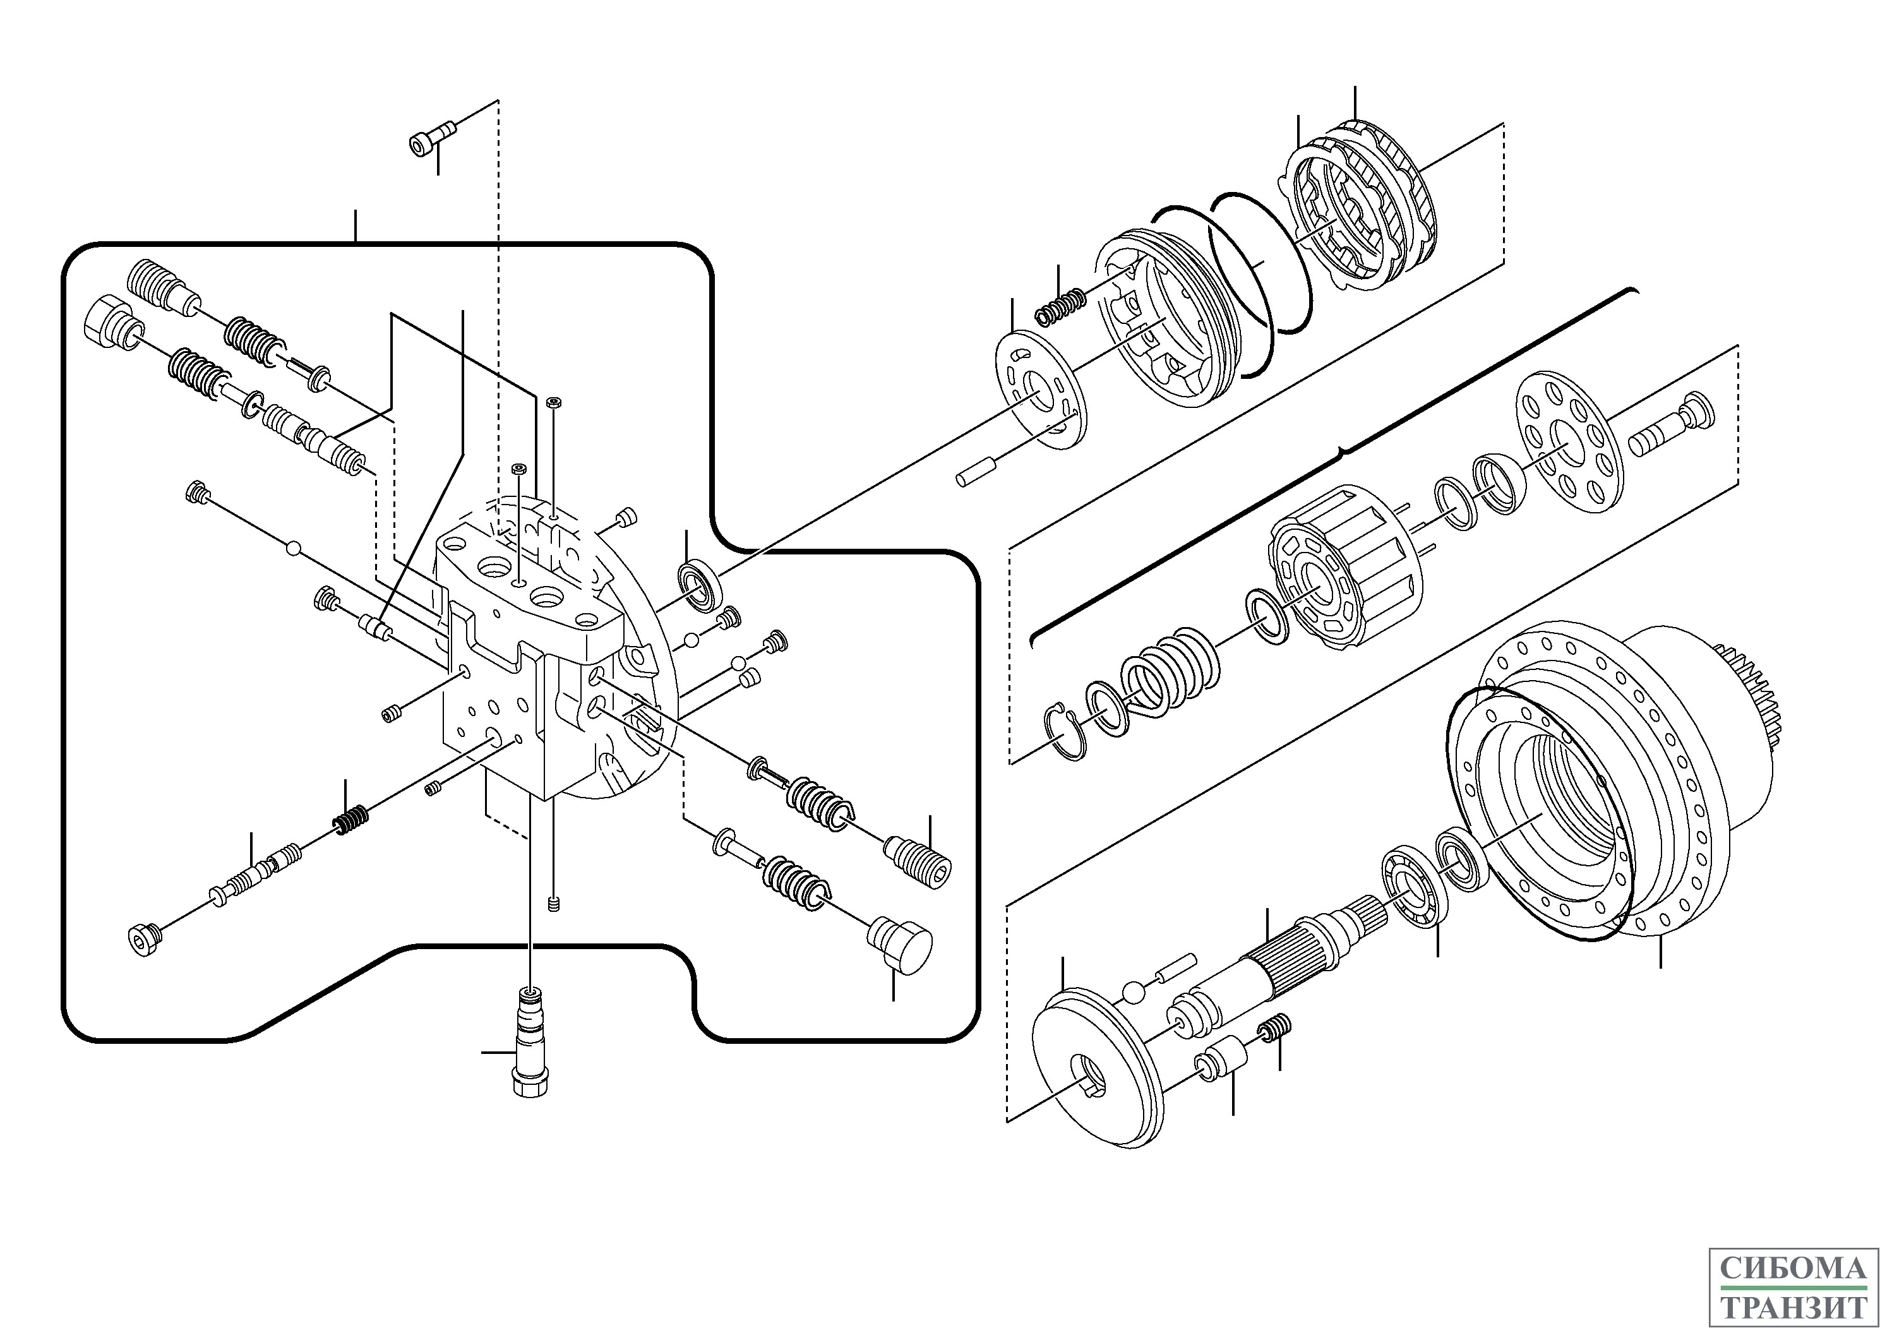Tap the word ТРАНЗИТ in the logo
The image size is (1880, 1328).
pos(1793,1298)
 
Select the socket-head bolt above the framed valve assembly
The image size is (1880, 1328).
pos(433,138)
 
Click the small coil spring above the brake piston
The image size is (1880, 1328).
pos(1061,306)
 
